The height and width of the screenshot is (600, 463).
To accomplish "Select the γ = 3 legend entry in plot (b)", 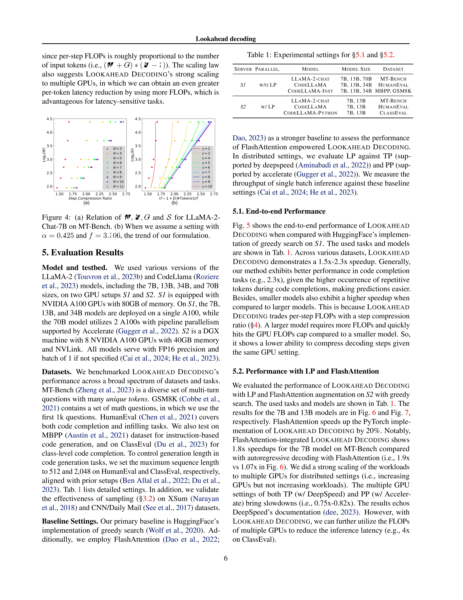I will click(x=206, y=153).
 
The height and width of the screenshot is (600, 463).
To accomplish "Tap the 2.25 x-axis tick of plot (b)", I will click(x=188, y=194).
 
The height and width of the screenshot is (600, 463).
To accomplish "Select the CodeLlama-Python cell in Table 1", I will click(x=310, y=113).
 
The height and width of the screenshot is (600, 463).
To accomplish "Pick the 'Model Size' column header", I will click(x=356, y=69).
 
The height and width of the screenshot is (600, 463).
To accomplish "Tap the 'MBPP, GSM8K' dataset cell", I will click(x=393, y=91).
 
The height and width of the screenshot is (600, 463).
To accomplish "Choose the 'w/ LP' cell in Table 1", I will click(x=268, y=107).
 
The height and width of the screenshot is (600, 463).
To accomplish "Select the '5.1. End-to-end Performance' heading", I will click(x=279, y=211).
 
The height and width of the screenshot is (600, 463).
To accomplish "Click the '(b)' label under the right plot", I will click(x=175, y=203).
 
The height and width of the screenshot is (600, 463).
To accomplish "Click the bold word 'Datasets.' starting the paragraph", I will click(x=57, y=372).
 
